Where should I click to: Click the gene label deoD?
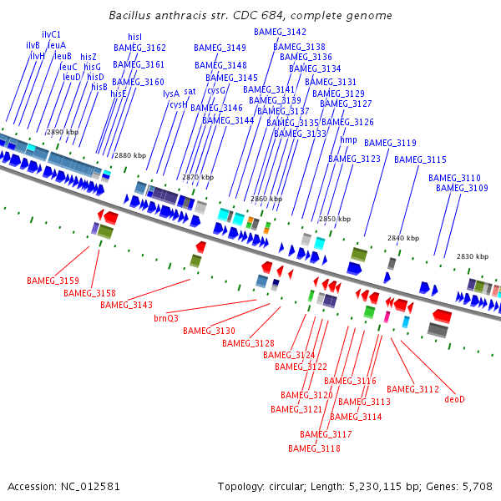[x=454, y=399]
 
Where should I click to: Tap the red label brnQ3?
[x=166, y=318]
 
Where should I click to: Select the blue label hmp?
[x=348, y=140]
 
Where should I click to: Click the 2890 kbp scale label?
[x=63, y=132]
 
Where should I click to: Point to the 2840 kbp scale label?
[x=402, y=238]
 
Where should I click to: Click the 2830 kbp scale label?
[x=472, y=256]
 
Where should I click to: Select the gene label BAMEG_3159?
[x=53, y=281]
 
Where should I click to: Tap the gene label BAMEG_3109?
[x=462, y=189]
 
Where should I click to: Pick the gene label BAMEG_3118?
[x=314, y=448]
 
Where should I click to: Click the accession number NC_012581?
[x=91, y=486]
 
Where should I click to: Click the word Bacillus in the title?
[x=132, y=16]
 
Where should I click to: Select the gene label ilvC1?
[x=51, y=35]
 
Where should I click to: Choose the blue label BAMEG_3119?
[x=390, y=143]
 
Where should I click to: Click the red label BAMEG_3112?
[x=412, y=389]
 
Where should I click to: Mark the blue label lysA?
[x=171, y=94]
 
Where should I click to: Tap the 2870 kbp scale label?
[x=198, y=177]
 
